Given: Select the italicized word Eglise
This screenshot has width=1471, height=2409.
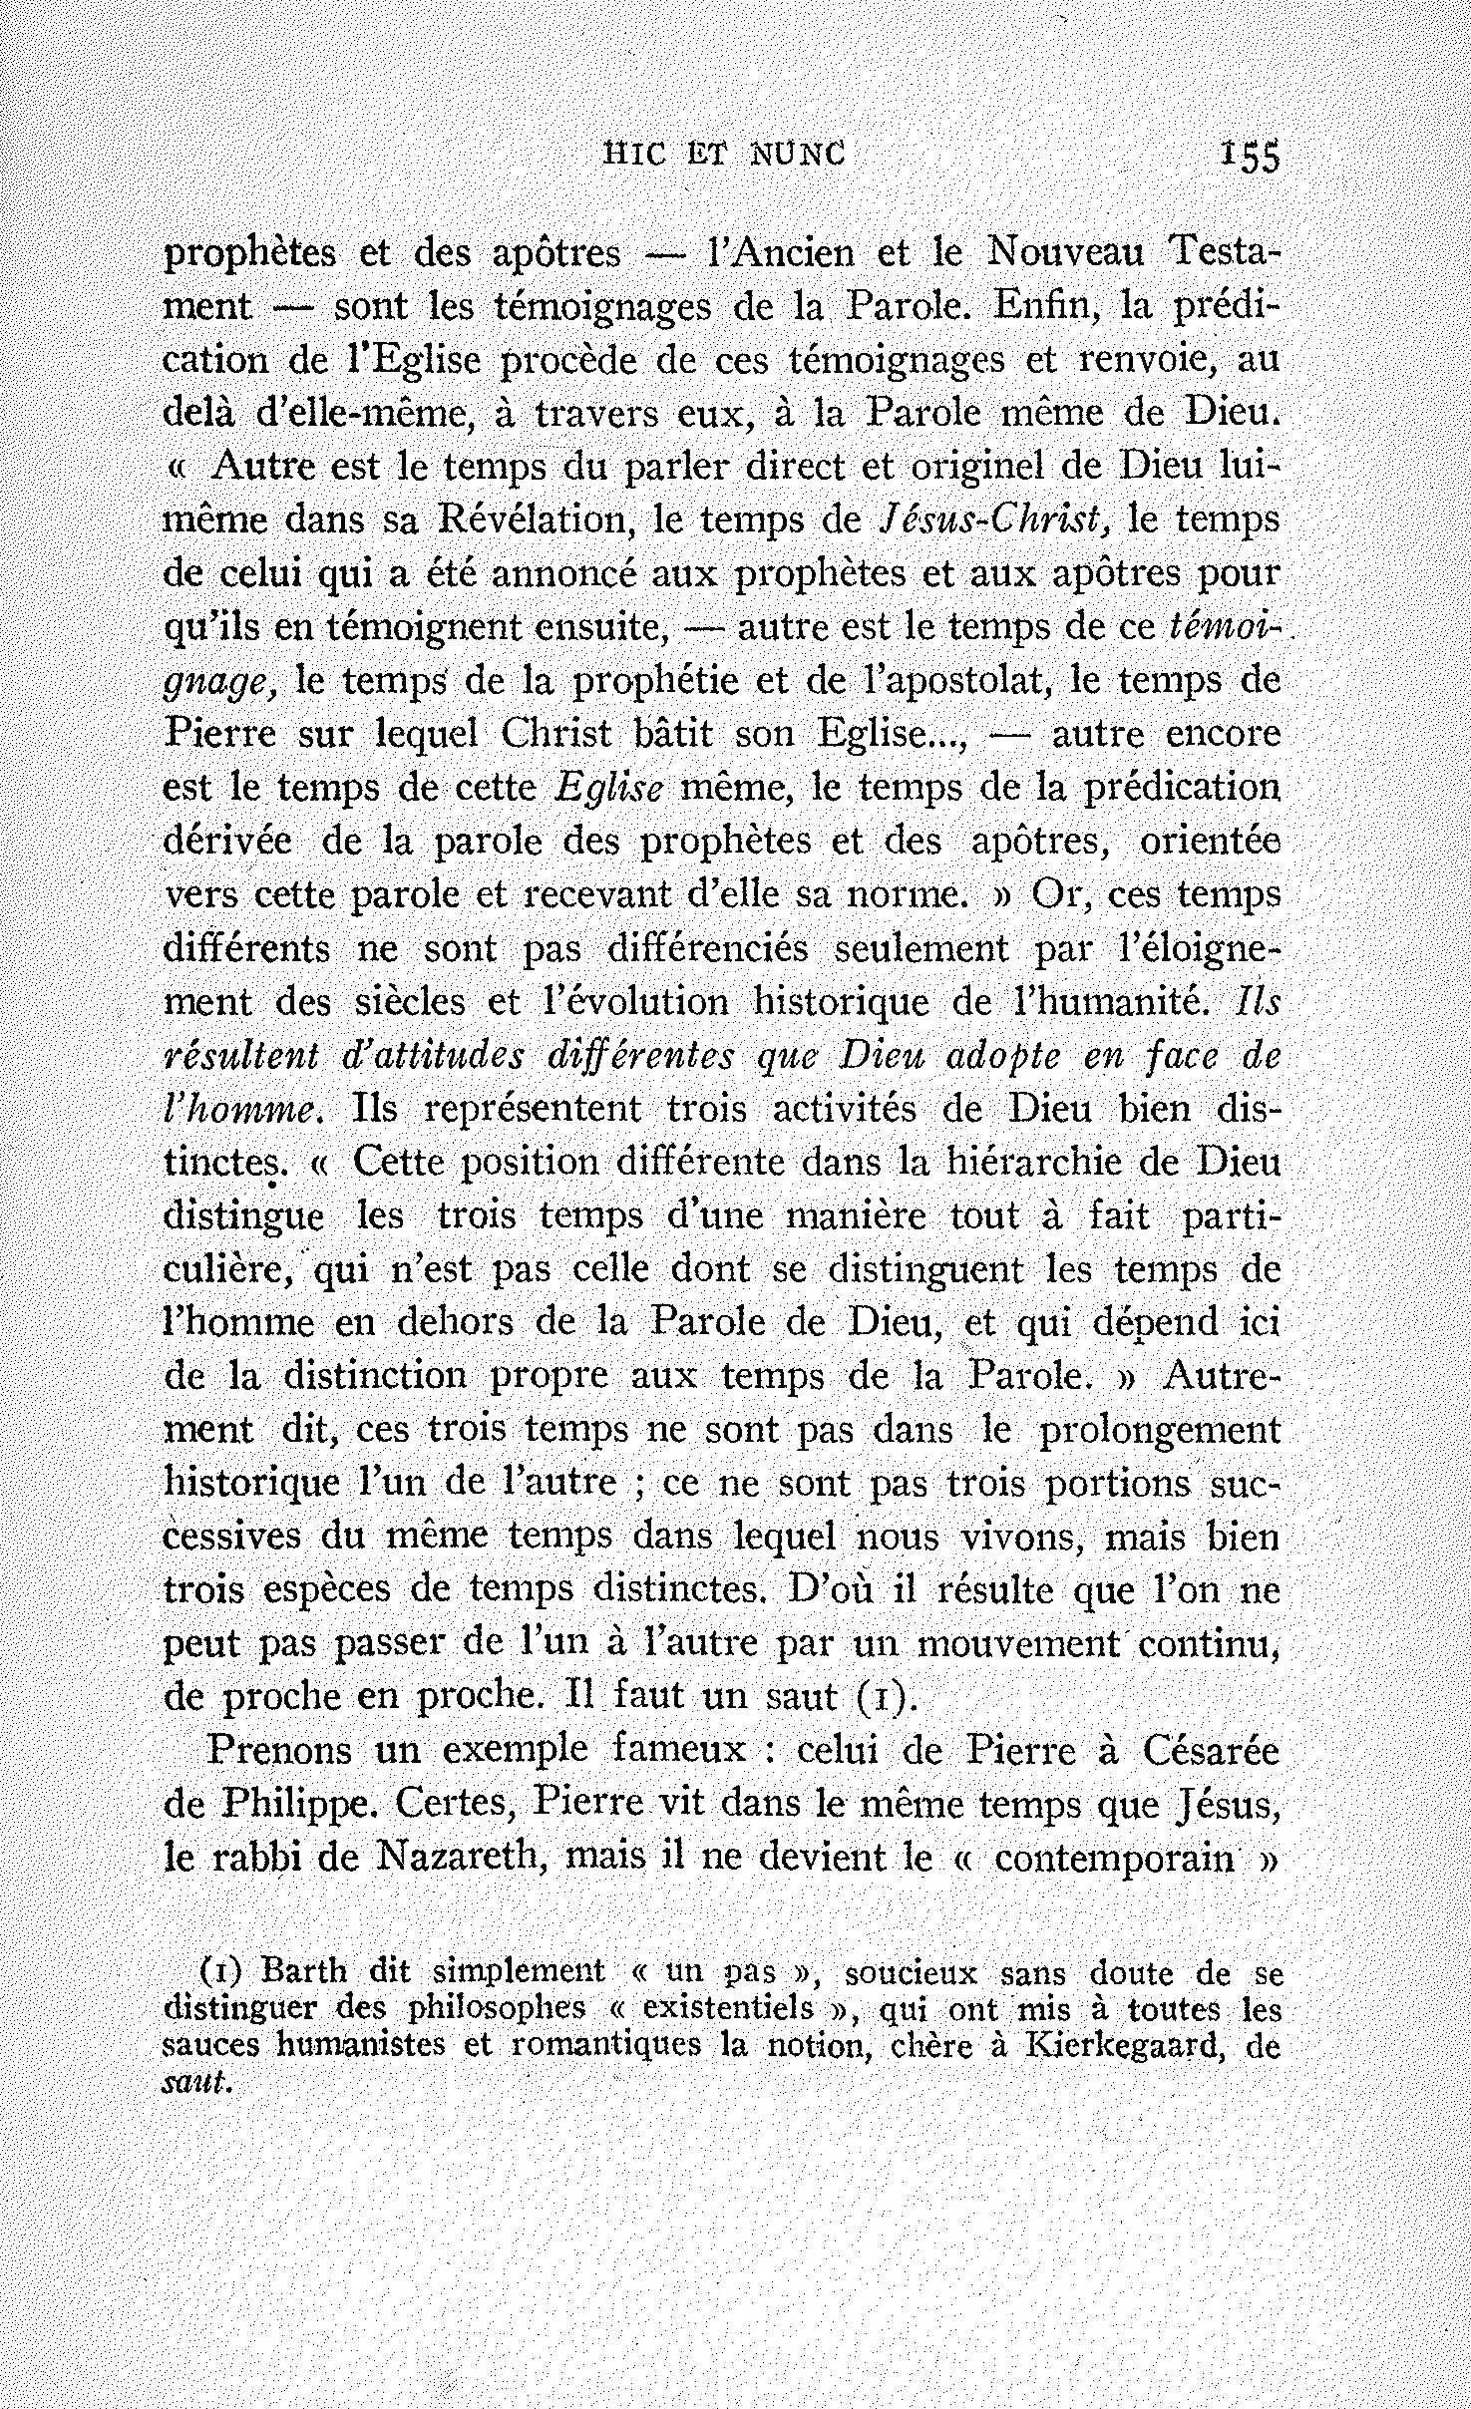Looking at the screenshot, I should (607, 789).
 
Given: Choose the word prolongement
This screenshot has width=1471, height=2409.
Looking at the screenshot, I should (1159, 1430).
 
